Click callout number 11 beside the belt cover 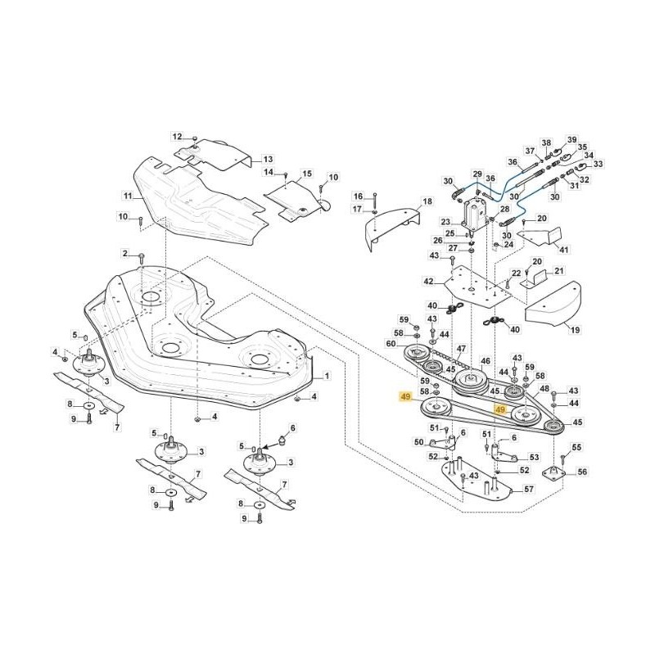click(128, 196)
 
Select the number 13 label click(267, 159)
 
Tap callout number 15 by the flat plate click(307, 174)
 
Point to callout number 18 click(427, 201)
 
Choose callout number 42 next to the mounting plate click(428, 281)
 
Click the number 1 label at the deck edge click(327, 376)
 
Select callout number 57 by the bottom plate click(529, 489)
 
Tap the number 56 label click(582, 472)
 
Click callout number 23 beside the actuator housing click(445, 222)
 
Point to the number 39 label click(572, 140)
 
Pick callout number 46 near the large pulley click(485, 361)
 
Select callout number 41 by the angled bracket click(562, 249)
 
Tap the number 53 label click(535, 457)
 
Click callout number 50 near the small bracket click(418, 442)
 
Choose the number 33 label click(598, 164)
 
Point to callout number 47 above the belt click(462, 349)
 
